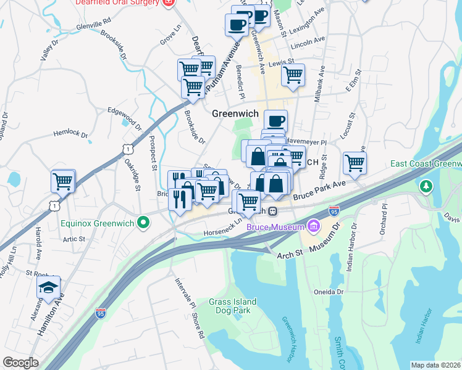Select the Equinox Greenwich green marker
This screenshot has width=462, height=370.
(143, 223)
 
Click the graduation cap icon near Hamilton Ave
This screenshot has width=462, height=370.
(49, 286)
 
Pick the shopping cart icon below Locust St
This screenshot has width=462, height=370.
(355, 163)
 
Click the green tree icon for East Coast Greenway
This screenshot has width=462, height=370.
(426, 186)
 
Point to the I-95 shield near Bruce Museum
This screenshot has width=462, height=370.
(334, 210)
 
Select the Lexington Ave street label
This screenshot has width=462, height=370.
(308, 23)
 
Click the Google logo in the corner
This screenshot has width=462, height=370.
(20, 363)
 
